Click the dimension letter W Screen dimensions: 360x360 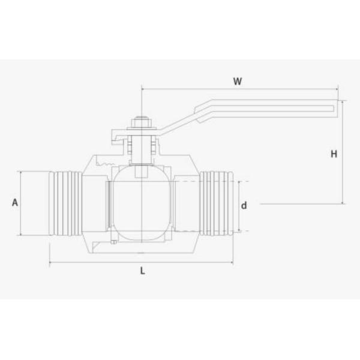pos(238,81)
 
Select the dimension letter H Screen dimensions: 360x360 pos(334,154)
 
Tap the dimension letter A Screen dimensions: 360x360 pos(15,203)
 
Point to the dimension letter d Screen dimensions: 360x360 pos(244,205)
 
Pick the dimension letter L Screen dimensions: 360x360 pos(142,271)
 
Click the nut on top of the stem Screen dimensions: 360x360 pos(142,122)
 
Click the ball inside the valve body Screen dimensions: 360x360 pos(142,203)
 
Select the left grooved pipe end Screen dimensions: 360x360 pos(65,203)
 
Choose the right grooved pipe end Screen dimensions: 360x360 pos(217,203)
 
